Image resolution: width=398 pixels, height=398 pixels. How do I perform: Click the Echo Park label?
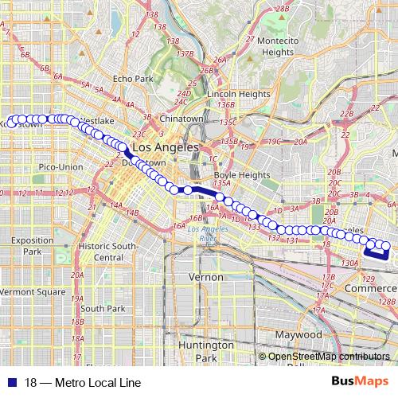[132, 79]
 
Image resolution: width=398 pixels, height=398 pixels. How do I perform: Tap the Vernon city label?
[205, 275]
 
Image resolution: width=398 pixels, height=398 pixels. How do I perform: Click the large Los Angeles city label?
[165, 148]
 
